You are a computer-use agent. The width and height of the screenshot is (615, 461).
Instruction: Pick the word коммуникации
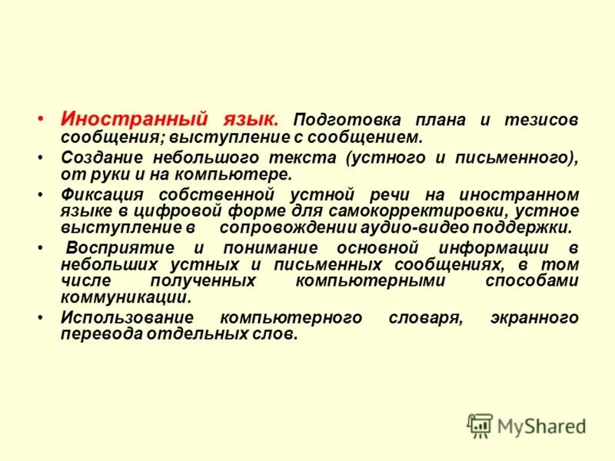click(125, 298)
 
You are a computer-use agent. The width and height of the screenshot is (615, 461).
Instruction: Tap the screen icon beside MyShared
click(480, 425)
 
